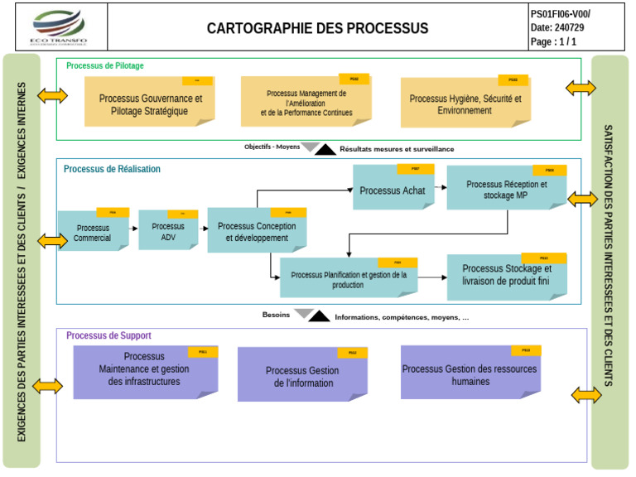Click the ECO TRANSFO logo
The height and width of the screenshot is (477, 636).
(x=57, y=28)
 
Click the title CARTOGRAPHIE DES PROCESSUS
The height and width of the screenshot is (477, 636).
(x=317, y=28)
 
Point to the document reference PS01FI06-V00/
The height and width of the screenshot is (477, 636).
(x=561, y=14)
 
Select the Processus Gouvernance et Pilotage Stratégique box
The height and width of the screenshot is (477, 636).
(x=150, y=104)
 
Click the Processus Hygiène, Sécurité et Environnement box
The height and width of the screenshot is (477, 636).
(x=465, y=104)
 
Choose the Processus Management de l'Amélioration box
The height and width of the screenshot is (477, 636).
(x=306, y=103)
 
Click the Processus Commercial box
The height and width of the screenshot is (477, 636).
(x=93, y=233)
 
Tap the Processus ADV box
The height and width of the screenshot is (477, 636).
(x=168, y=232)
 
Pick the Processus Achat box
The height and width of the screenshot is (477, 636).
(x=393, y=190)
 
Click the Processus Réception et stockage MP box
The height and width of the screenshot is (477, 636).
(x=506, y=190)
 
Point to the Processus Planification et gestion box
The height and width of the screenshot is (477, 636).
(x=348, y=280)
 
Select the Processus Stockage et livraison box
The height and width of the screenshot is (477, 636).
(x=506, y=275)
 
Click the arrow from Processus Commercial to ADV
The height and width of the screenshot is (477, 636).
(x=133, y=227)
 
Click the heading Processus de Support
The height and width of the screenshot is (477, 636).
(x=108, y=335)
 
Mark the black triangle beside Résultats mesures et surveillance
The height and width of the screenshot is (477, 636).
(x=325, y=150)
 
